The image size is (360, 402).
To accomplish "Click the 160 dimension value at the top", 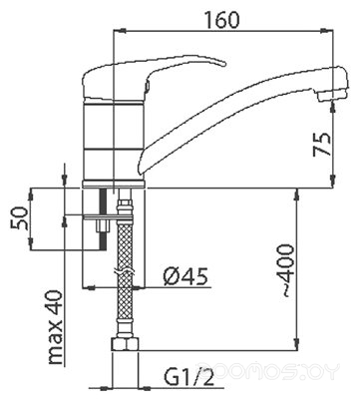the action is coord(221,19).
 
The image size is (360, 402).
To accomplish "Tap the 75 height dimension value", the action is coord(322,145).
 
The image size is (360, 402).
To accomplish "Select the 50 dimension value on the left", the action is coord(19,217).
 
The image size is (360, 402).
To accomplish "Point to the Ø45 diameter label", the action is coord(185,276).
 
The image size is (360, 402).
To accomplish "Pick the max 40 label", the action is coord(55,328).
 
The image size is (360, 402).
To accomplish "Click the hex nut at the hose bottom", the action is coord(125,344).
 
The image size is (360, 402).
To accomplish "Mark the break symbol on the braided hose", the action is coord(125,272).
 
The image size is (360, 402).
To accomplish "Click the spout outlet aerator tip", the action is coord(332,96).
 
